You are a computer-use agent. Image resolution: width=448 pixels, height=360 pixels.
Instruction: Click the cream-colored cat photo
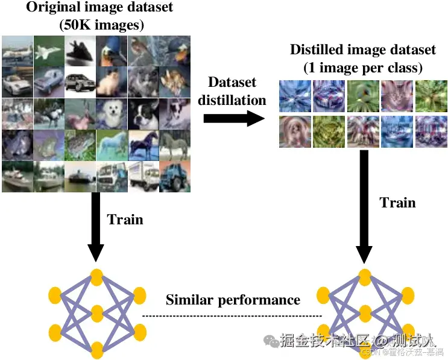pos(112,81)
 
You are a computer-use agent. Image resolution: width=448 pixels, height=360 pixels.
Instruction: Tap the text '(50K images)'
pos(99,25)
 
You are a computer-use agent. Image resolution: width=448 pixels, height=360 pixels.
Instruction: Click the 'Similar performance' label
pos(233,300)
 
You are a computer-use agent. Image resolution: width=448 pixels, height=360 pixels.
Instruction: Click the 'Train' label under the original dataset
pos(125,219)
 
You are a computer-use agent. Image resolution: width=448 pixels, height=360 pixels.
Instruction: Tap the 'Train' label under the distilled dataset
pos(398,202)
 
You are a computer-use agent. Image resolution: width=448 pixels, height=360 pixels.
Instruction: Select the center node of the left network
pos(96,312)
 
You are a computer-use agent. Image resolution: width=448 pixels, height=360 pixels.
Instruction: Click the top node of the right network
pos(364,276)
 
